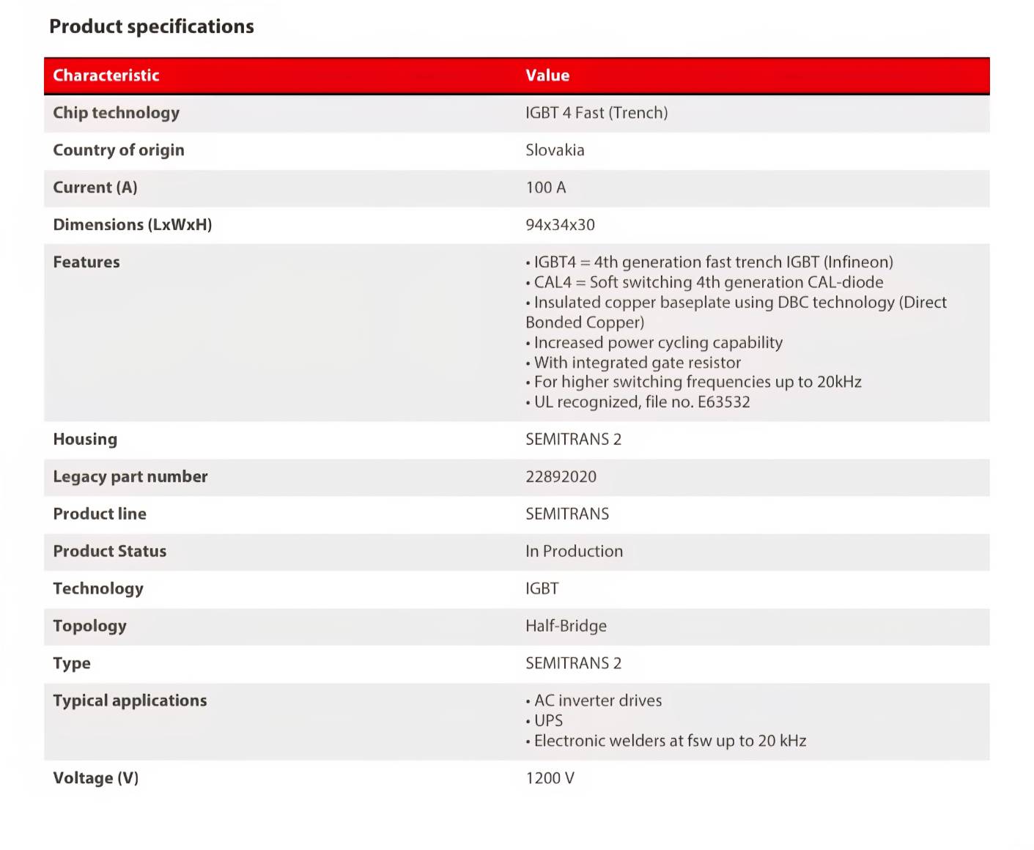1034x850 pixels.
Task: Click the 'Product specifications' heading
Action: click(152, 27)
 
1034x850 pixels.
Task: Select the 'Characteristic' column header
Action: click(106, 75)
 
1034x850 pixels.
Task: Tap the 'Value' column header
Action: click(547, 75)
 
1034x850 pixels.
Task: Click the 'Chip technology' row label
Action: click(117, 113)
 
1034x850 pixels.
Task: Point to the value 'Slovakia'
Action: click(555, 150)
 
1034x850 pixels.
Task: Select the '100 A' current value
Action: click(546, 188)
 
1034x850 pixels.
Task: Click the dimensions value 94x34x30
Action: click(560, 225)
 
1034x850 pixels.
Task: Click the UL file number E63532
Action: click(723, 402)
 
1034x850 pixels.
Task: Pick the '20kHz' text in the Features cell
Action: click(839, 382)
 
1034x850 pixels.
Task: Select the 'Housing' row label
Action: click(85, 440)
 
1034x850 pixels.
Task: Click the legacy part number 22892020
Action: click(561, 477)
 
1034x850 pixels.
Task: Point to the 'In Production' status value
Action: click(574, 552)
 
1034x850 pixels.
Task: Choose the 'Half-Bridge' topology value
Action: click(566, 627)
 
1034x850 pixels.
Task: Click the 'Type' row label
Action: click(72, 664)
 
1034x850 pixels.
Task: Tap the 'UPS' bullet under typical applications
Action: click(548, 721)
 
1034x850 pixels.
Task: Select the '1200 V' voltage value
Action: click(550, 778)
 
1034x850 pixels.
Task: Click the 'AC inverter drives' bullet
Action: click(597, 701)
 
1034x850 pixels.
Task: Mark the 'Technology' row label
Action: click(98, 589)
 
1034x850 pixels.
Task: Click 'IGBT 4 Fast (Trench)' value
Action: click(597, 113)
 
